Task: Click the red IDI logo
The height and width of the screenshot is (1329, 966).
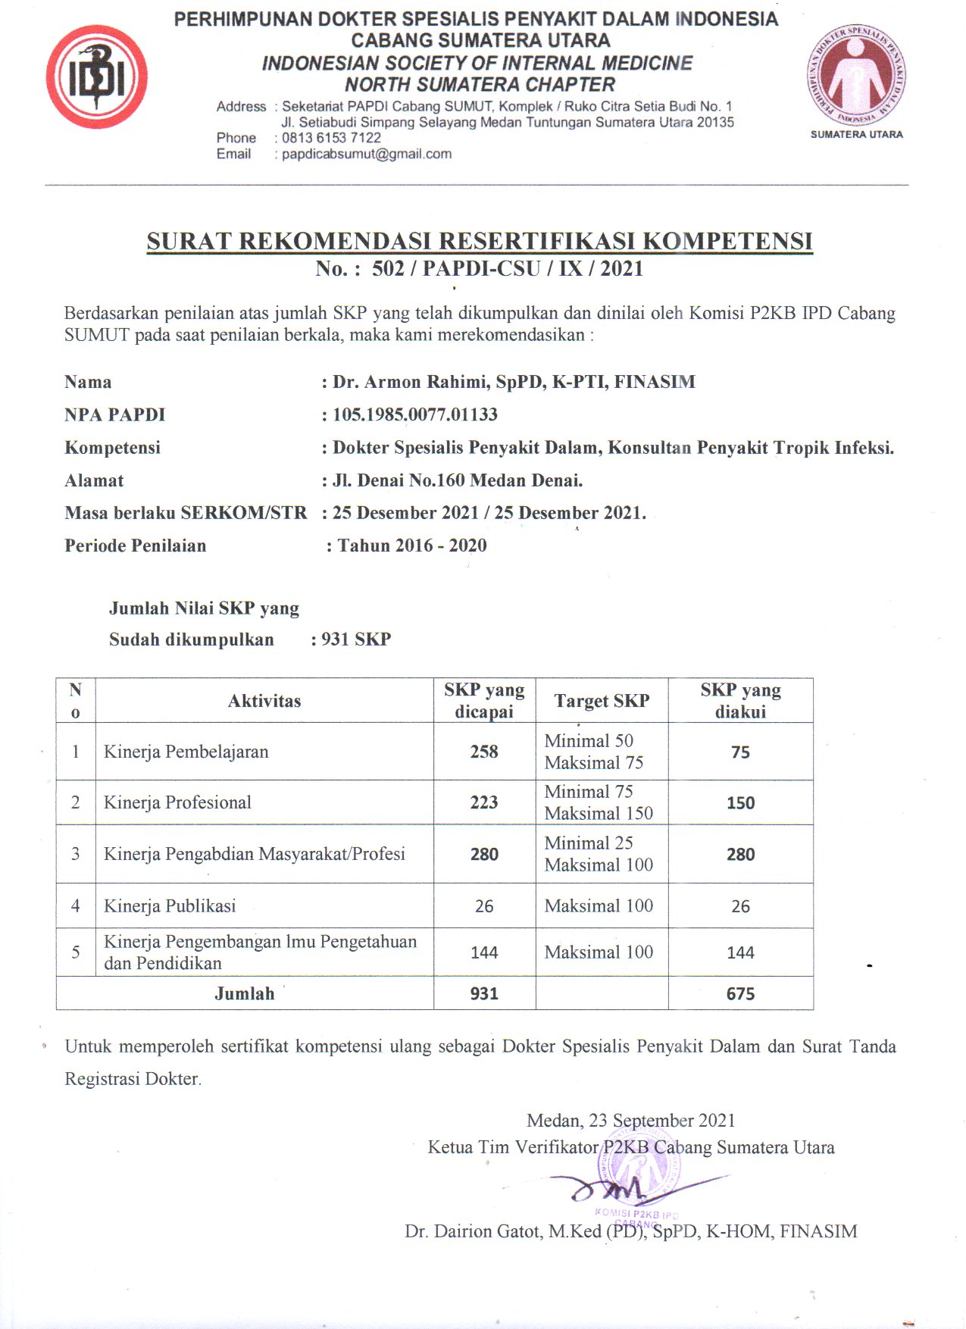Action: (x=97, y=77)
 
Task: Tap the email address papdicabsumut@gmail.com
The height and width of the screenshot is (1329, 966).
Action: (x=367, y=154)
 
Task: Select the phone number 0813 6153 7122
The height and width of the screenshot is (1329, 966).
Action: (x=331, y=138)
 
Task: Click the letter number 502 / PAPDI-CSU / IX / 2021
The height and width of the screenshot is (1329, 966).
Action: (x=507, y=268)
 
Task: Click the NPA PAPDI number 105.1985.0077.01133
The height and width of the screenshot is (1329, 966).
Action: (x=414, y=414)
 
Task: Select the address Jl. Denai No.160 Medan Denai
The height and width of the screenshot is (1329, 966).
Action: (x=457, y=480)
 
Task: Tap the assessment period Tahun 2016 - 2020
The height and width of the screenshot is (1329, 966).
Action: (x=412, y=546)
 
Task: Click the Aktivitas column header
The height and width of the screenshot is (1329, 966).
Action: (x=264, y=701)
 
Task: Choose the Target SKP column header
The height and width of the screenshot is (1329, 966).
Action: (x=602, y=701)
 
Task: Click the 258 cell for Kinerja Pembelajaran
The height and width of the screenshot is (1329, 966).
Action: (x=484, y=752)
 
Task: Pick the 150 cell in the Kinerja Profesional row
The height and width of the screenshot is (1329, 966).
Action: (x=740, y=803)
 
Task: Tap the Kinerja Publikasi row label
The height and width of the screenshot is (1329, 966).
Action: (x=170, y=906)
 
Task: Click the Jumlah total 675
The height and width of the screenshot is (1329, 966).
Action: (x=740, y=993)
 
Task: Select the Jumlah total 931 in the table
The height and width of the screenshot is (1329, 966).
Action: (x=484, y=993)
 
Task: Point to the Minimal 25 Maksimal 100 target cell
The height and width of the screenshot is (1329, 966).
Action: (x=599, y=854)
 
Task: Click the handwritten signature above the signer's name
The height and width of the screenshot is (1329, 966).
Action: (x=621, y=1188)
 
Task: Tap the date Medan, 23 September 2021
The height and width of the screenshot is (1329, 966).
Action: (x=630, y=1121)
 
